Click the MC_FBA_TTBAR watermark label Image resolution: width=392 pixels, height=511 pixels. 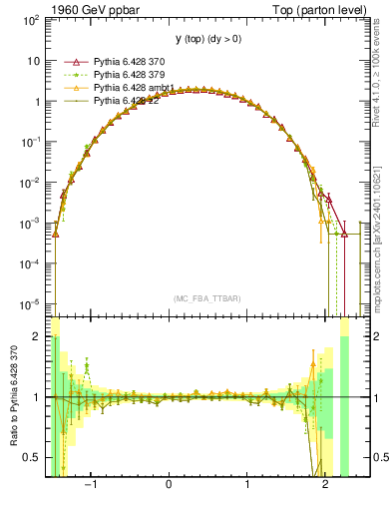(204, 298)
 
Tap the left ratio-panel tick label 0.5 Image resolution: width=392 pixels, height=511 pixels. (32, 458)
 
